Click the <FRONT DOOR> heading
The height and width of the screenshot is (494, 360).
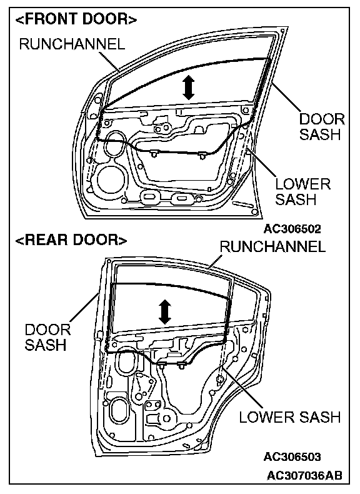coord(76,19)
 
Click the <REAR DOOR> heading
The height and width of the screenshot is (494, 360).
coord(71,240)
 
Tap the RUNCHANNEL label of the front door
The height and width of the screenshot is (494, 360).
coord(72,44)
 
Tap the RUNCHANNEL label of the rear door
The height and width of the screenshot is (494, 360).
coord(272,246)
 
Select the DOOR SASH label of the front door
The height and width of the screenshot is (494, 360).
coord(322,127)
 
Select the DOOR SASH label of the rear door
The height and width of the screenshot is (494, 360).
coord(47,337)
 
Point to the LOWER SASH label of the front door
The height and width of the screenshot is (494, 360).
coord(303,191)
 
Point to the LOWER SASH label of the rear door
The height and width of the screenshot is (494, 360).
coord(290,417)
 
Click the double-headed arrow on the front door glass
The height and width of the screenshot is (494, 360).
coord(188,88)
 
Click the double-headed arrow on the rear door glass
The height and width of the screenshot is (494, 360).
coord(165,311)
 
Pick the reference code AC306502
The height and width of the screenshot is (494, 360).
coord(292,229)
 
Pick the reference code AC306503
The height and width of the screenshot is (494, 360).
coord(292,456)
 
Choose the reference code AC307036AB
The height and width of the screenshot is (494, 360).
coord(304,475)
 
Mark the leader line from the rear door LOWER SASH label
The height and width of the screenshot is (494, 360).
coord(241,390)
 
